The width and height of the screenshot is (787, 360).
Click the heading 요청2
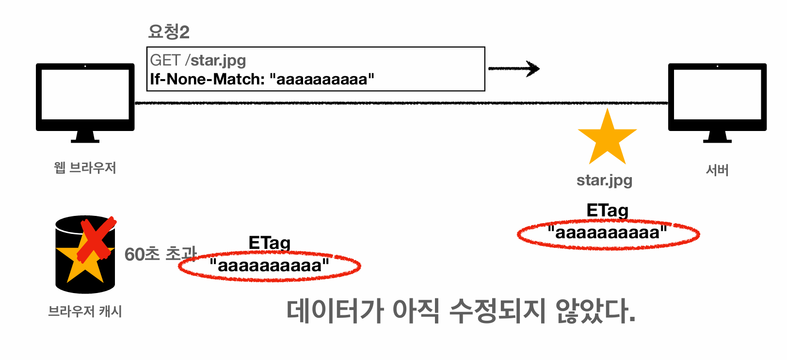tap(168, 32)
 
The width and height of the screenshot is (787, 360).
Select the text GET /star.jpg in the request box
tap(198, 60)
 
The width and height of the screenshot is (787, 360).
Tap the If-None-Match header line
tap(262, 79)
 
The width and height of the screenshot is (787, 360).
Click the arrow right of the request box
tap(514, 69)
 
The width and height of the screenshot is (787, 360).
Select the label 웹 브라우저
tap(85, 168)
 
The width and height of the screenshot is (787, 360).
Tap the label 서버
tap(717, 170)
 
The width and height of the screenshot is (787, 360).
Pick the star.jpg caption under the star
tap(604, 180)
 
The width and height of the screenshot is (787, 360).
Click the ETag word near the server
tap(607, 211)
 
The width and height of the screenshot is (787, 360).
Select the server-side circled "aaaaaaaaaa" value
tap(608, 233)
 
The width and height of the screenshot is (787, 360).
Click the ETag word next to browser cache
tap(269, 243)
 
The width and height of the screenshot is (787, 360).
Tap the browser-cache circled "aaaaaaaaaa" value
tap(269, 266)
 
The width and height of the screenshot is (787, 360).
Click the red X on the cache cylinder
tap(96, 239)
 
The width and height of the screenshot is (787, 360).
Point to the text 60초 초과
tap(160, 254)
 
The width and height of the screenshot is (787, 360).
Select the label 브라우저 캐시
tap(85, 311)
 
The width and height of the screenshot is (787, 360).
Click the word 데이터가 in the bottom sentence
tap(335, 311)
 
